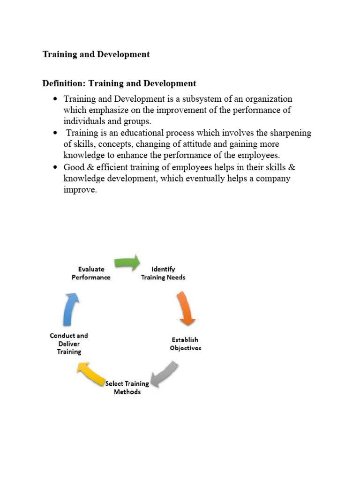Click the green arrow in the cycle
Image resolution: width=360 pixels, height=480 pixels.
pyautogui.click(x=127, y=262)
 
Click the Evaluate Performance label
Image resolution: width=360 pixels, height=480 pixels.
pyautogui.click(x=91, y=273)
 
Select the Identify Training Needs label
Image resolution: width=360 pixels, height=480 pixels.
pyautogui.click(x=163, y=273)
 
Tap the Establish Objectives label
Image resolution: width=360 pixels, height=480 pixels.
pyautogui.click(x=186, y=344)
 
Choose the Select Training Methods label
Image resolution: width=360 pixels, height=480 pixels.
pyautogui.click(x=127, y=387)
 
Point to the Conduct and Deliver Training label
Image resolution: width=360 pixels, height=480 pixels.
pyautogui.click(x=69, y=344)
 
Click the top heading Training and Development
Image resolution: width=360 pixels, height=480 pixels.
pyautogui.click(x=96, y=54)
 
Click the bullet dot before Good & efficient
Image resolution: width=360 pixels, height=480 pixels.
pyautogui.click(x=55, y=167)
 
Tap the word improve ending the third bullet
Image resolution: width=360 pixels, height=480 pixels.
pyautogui.click(x=79, y=190)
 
